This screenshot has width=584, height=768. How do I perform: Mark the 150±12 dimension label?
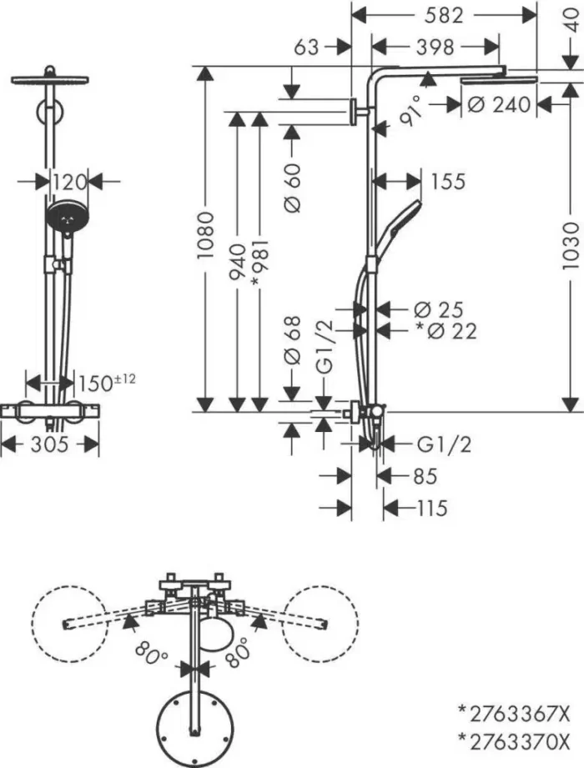(107, 383)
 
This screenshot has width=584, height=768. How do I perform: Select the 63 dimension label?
(307, 48)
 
